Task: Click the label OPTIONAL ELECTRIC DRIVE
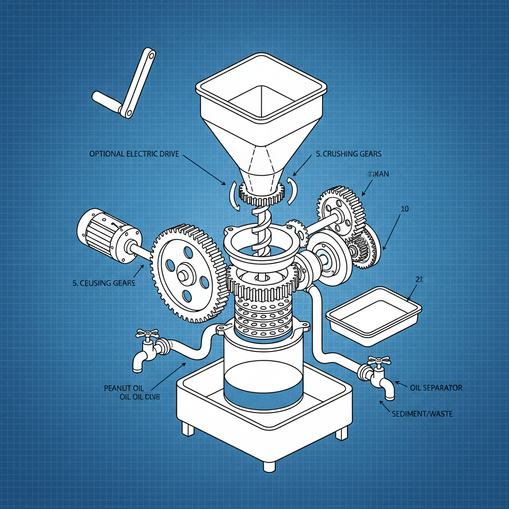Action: pyautogui.click(x=134, y=154)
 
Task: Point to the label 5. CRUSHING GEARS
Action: pyautogui.click(x=348, y=154)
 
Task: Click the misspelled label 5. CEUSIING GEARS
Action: pyautogui.click(x=104, y=283)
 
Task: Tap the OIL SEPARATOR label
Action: pyautogui.click(x=436, y=388)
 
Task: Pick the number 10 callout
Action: pyautogui.click(x=405, y=209)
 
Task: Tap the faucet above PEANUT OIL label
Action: pyautogui.click(x=147, y=348)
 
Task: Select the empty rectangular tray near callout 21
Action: pyautogui.click(x=373, y=316)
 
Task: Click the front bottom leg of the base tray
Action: pyautogui.click(x=269, y=466)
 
